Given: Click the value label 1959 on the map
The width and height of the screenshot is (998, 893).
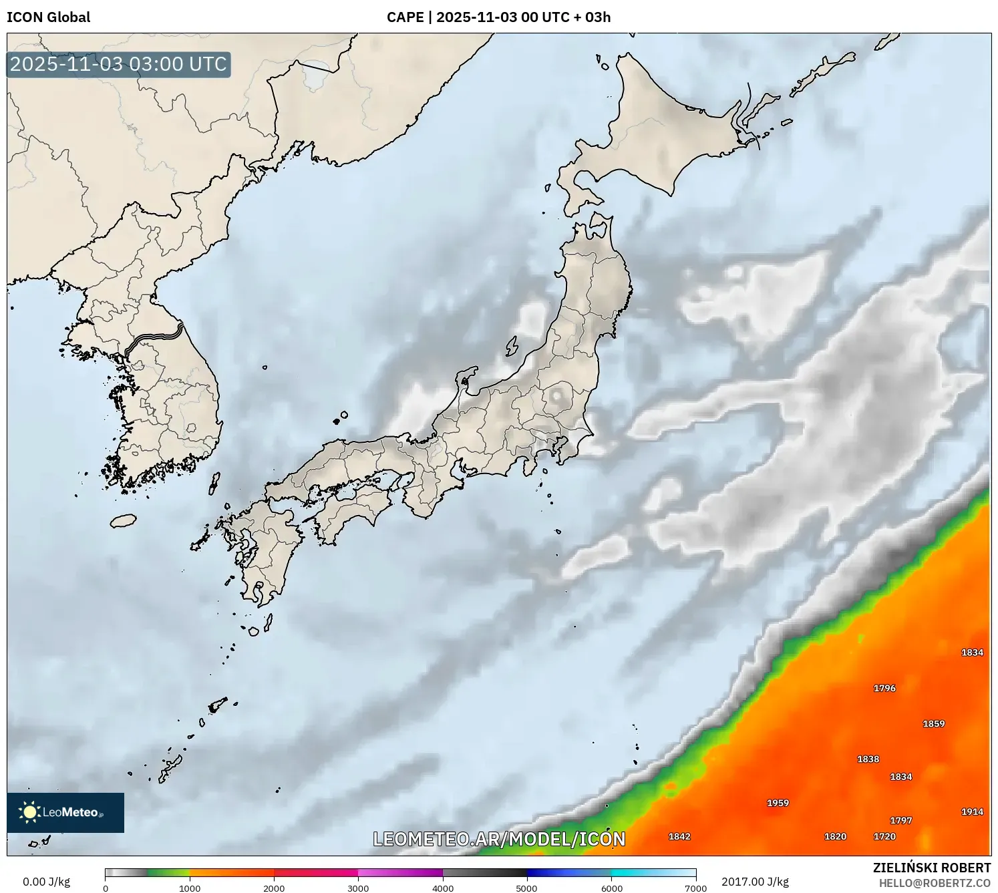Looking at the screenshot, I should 778,803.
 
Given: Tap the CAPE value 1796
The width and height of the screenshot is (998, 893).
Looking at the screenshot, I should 884,688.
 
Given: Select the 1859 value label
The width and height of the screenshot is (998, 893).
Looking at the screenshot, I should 933,723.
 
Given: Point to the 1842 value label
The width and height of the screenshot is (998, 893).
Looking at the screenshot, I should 679,836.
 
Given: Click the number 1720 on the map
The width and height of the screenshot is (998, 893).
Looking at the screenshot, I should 884,836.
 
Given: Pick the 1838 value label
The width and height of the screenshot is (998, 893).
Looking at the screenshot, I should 868,759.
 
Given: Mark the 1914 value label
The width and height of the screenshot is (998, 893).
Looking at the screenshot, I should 972,812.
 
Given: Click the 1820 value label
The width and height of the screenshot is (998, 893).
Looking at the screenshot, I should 835,836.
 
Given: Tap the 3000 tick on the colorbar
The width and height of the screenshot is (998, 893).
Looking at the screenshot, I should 358,888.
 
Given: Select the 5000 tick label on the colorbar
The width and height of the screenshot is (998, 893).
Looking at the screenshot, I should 526,888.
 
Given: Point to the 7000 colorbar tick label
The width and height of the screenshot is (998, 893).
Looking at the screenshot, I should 695,888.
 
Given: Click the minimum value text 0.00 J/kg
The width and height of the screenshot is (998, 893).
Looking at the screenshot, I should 46,882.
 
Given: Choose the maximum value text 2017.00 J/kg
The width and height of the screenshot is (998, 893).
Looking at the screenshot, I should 755,882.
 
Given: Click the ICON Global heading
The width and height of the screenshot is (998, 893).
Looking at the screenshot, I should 48,17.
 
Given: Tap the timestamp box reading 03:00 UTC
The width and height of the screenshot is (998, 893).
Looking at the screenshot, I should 119,64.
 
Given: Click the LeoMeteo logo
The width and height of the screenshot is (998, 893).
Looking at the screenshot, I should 65,812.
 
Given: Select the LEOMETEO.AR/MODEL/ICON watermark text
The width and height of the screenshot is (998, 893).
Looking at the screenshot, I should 499,839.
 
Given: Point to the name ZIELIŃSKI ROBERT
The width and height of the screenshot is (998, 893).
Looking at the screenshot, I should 931,868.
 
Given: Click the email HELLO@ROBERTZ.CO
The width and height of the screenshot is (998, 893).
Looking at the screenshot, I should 935,883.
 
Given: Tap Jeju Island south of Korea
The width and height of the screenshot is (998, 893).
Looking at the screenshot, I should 124,520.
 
